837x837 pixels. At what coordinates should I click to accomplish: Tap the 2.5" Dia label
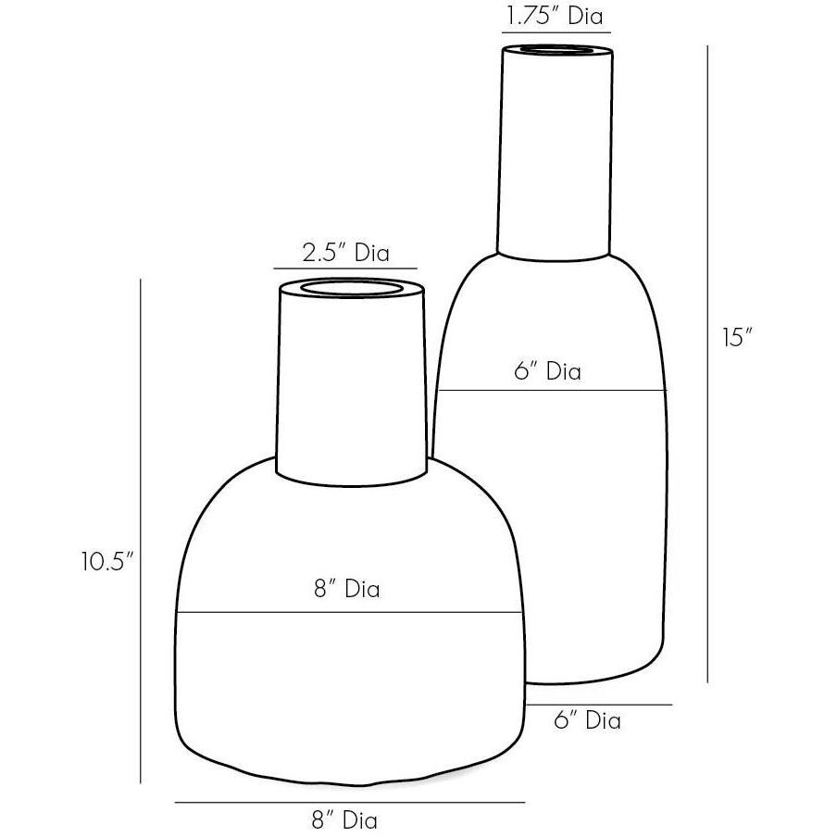(x=347, y=253)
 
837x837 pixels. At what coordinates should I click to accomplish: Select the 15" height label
(x=735, y=337)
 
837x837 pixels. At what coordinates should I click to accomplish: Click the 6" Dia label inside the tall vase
(x=548, y=371)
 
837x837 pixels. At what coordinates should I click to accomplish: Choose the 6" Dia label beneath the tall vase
(x=587, y=720)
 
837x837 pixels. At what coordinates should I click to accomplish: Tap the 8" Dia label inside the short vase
(x=346, y=588)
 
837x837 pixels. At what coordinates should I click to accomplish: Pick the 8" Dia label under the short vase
(x=344, y=818)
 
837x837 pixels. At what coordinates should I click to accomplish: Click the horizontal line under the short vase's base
(x=349, y=802)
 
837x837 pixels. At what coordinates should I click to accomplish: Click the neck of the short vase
(x=352, y=389)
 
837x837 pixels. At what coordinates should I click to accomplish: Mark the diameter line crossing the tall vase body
(x=551, y=391)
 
